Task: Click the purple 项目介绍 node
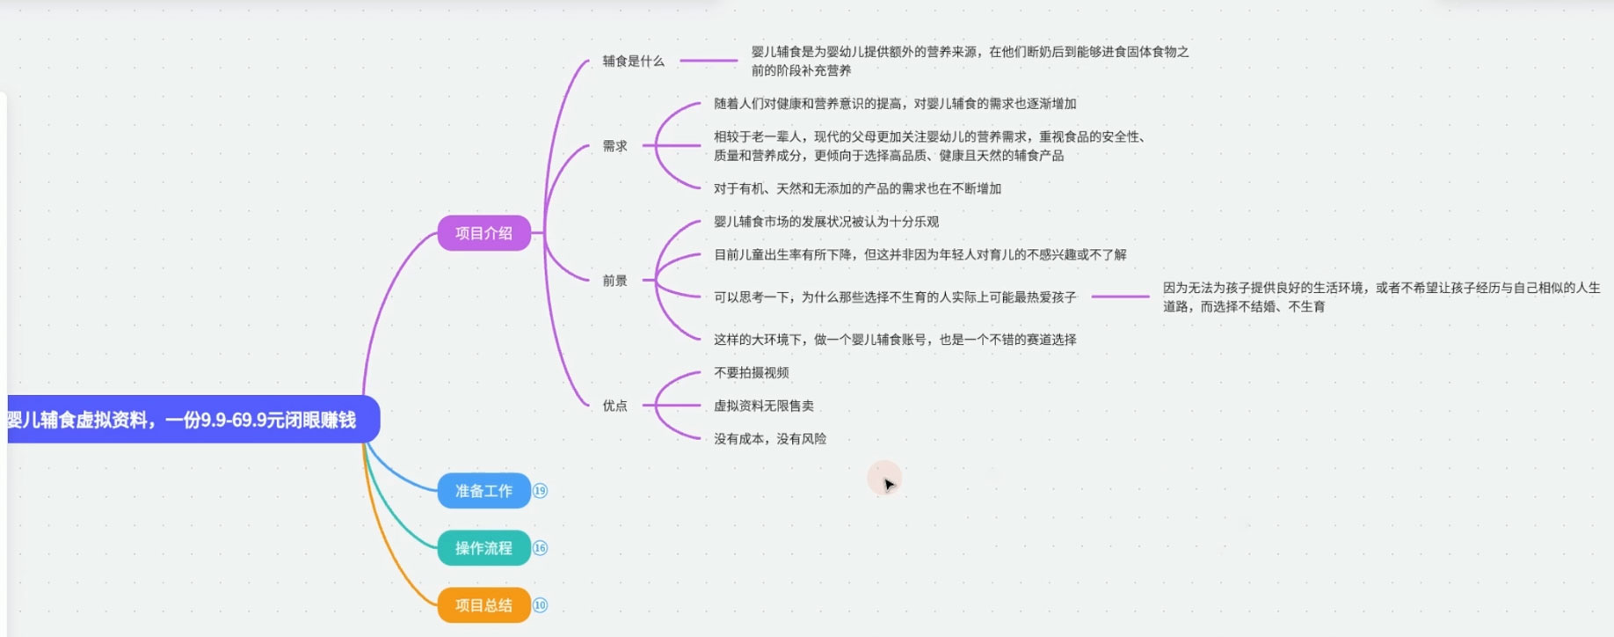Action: pos(483,233)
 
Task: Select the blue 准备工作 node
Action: pos(483,491)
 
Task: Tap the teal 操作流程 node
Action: pos(483,548)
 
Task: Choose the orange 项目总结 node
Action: pos(483,605)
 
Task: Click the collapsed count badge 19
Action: pos(540,491)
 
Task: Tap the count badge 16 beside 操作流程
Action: pos(540,548)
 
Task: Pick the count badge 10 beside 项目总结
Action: pos(540,605)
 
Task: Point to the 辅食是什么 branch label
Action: pos(633,61)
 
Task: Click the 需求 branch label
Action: pos(614,146)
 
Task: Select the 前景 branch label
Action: pos(614,281)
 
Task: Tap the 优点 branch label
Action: pos(614,406)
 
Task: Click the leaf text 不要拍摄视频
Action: pos(751,372)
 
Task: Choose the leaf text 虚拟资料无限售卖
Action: pos(763,406)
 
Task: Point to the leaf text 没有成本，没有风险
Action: pos(769,439)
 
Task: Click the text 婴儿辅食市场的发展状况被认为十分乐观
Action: pos(825,222)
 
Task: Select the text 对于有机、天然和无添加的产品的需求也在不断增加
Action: pos(857,188)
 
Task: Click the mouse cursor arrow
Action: pos(888,483)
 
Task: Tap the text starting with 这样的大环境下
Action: pos(894,340)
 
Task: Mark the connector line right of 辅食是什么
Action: pos(709,61)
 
